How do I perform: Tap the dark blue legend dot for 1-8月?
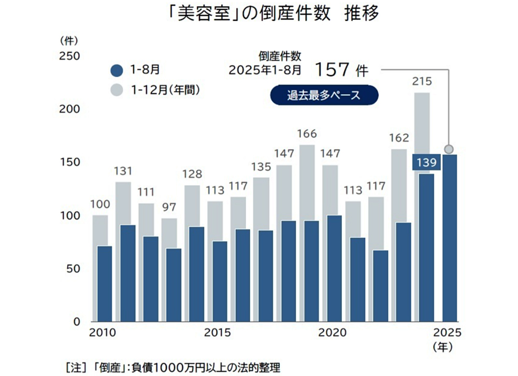click(x=118, y=70)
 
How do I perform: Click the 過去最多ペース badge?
click(x=324, y=96)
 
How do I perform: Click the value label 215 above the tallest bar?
click(x=423, y=81)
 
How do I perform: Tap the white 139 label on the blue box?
click(x=426, y=163)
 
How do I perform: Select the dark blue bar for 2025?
click(x=449, y=238)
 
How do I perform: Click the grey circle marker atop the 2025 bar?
click(x=449, y=149)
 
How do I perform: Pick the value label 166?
click(x=307, y=134)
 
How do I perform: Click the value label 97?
click(x=169, y=208)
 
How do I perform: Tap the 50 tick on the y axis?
click(x=72, y=269)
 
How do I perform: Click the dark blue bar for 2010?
click(x=105, y=284)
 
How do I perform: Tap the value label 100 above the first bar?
click(x=100, y=205)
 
